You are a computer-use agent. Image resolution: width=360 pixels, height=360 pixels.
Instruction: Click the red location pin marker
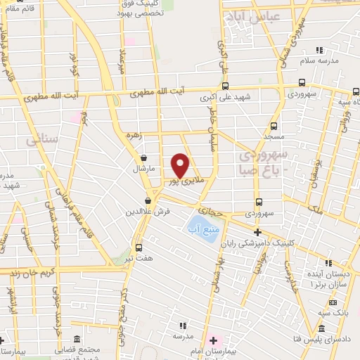pyautogui.click(x=181, y=165)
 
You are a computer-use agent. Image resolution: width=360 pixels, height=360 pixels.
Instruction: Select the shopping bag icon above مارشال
pyautogui.click(x=144, y=158)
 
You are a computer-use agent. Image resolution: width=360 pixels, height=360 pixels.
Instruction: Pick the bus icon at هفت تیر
pyautogui.click(x=139, y=247)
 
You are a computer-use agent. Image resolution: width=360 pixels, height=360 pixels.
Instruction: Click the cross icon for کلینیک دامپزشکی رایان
pyautogui.click(x=257, y=232)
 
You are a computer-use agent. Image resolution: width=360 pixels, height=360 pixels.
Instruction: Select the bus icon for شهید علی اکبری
pyautogui.click(x=224, y=86)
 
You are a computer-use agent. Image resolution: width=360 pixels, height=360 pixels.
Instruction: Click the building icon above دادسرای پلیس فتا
pyautogui.click(x=321, y=328)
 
